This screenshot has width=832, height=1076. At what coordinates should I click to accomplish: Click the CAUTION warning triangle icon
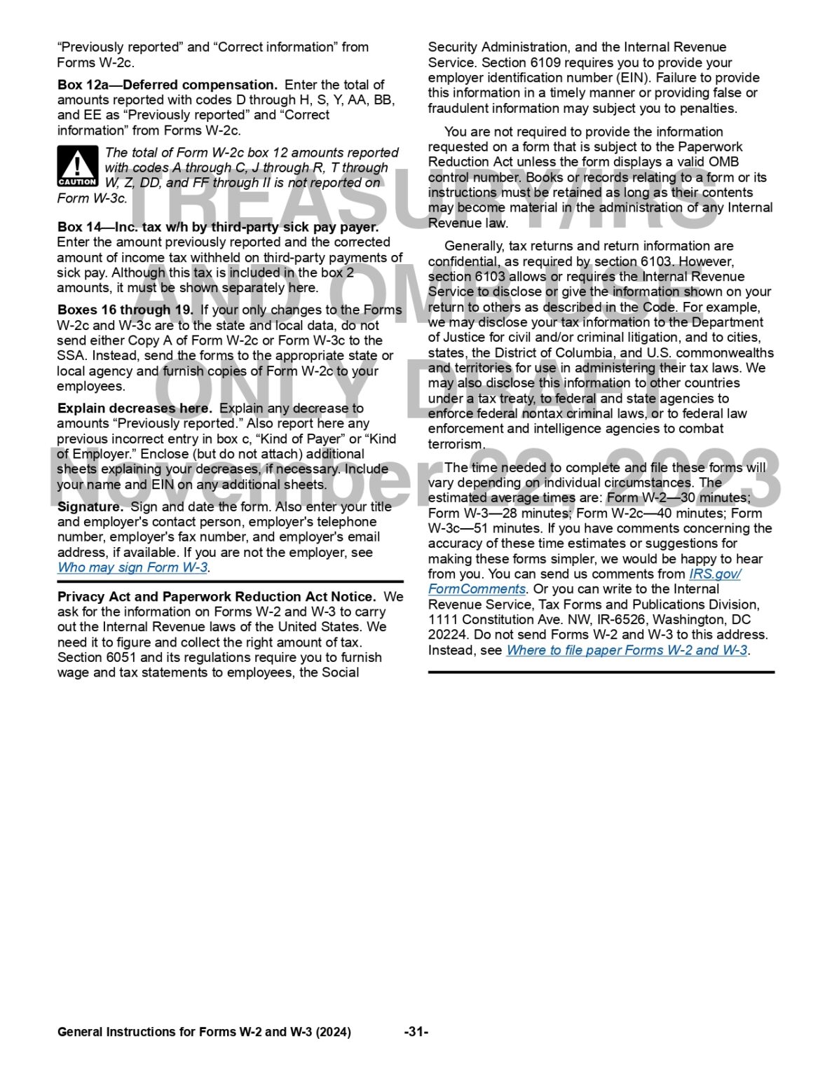(77, 166)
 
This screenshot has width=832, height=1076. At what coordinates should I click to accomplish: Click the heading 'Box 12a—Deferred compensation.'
(168, 85)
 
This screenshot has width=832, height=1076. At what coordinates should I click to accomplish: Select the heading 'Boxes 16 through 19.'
(125, 310)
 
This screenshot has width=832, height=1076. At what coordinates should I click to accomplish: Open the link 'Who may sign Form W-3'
(132, 567)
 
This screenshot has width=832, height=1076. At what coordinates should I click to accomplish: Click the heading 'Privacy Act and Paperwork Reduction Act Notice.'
(217, 597)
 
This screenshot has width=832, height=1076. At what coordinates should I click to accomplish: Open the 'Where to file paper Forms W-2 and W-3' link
(627, 650)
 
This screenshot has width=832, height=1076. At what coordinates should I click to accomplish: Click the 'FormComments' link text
(477, 589)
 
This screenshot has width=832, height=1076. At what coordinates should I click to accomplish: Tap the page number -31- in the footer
(416, 1032)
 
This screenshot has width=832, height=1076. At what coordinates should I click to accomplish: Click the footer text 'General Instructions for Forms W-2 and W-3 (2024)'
(204, 1032)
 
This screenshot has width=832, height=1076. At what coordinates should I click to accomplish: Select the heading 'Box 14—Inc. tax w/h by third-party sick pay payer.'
(218, 227)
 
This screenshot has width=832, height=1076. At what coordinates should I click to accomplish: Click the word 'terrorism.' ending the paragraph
(456, 444)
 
